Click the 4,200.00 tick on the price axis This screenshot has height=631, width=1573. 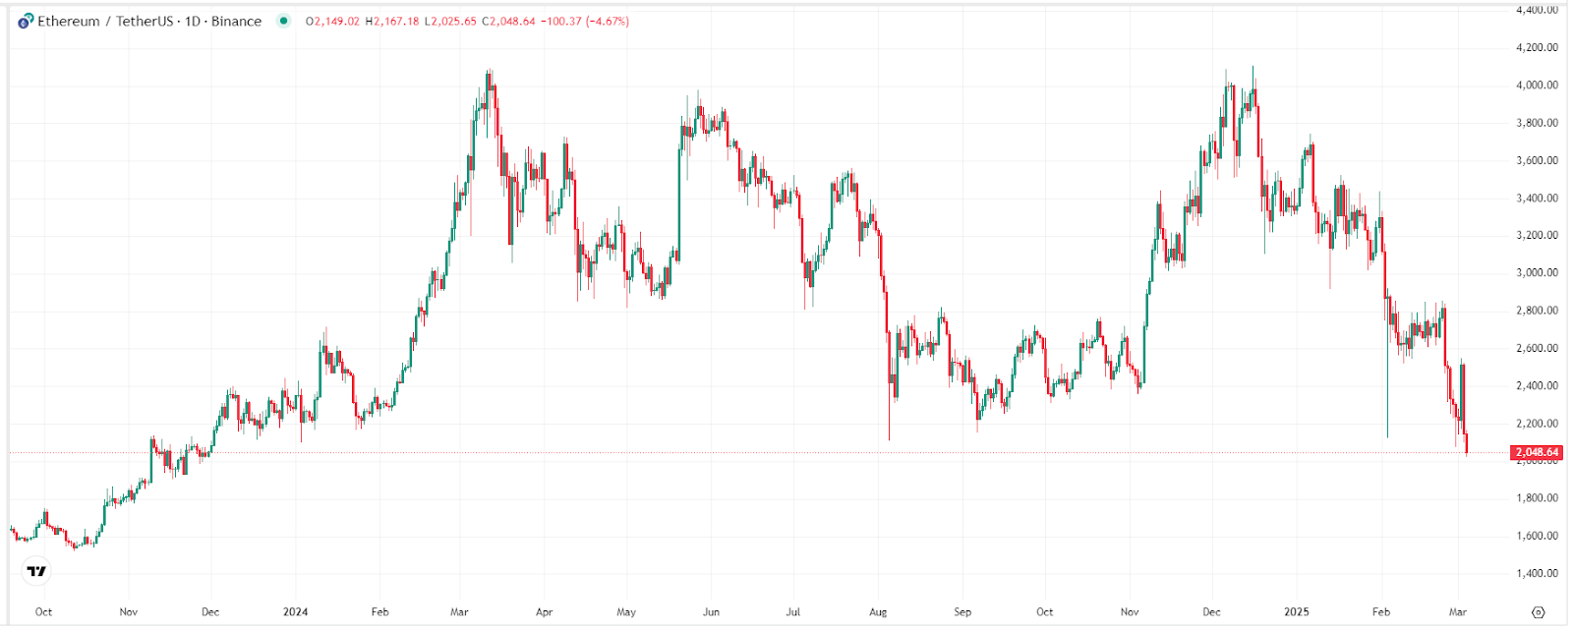pos(1537,47)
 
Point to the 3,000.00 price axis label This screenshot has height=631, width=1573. pos(1537,272)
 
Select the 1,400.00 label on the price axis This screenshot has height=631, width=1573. pos(1537,573)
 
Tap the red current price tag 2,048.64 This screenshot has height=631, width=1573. pos(1537,452)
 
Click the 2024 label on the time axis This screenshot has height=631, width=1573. pos(295,611)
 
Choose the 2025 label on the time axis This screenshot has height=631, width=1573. pos(1297,611)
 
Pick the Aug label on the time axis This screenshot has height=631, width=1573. pos(878,611)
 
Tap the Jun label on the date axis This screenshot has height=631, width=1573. pos(711,611)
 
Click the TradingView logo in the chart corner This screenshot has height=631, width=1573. pos(36,571)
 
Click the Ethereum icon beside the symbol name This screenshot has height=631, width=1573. pos(26,21)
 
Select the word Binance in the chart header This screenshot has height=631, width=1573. pos(236,21)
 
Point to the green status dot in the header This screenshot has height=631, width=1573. pos(284,21)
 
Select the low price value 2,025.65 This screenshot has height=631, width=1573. pos(453,21)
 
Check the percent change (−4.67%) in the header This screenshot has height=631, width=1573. pos(607,21)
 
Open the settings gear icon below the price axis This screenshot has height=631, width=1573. pos(1539,611)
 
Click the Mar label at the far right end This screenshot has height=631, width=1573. pos(1458,611)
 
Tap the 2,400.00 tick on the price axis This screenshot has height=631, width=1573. pos(1537,385)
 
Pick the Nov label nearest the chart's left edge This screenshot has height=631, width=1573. pos(129,611)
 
